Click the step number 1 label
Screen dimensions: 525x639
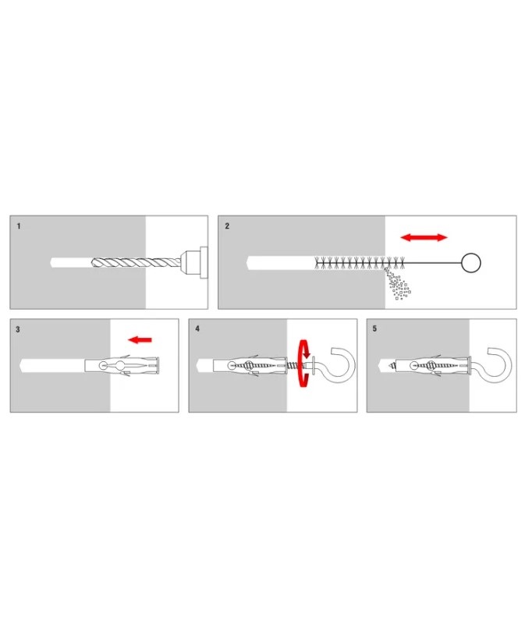(19, 226)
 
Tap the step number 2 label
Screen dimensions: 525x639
(227, 226)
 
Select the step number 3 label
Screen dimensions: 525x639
(17, 329)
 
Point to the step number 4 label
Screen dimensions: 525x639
(197, 328)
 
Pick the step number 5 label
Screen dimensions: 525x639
(374, 328)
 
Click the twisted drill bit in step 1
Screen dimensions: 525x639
(137, 262)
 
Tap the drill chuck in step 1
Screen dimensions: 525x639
(194, 262)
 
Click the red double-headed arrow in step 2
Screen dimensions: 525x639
(424, 237)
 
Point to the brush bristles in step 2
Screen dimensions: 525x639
(360, 263)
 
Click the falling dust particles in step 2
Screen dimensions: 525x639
(397, 284)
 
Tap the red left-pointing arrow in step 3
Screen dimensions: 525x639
(140, 339)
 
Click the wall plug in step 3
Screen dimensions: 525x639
(122, 364)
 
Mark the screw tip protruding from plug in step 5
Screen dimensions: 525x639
(392, 364)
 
